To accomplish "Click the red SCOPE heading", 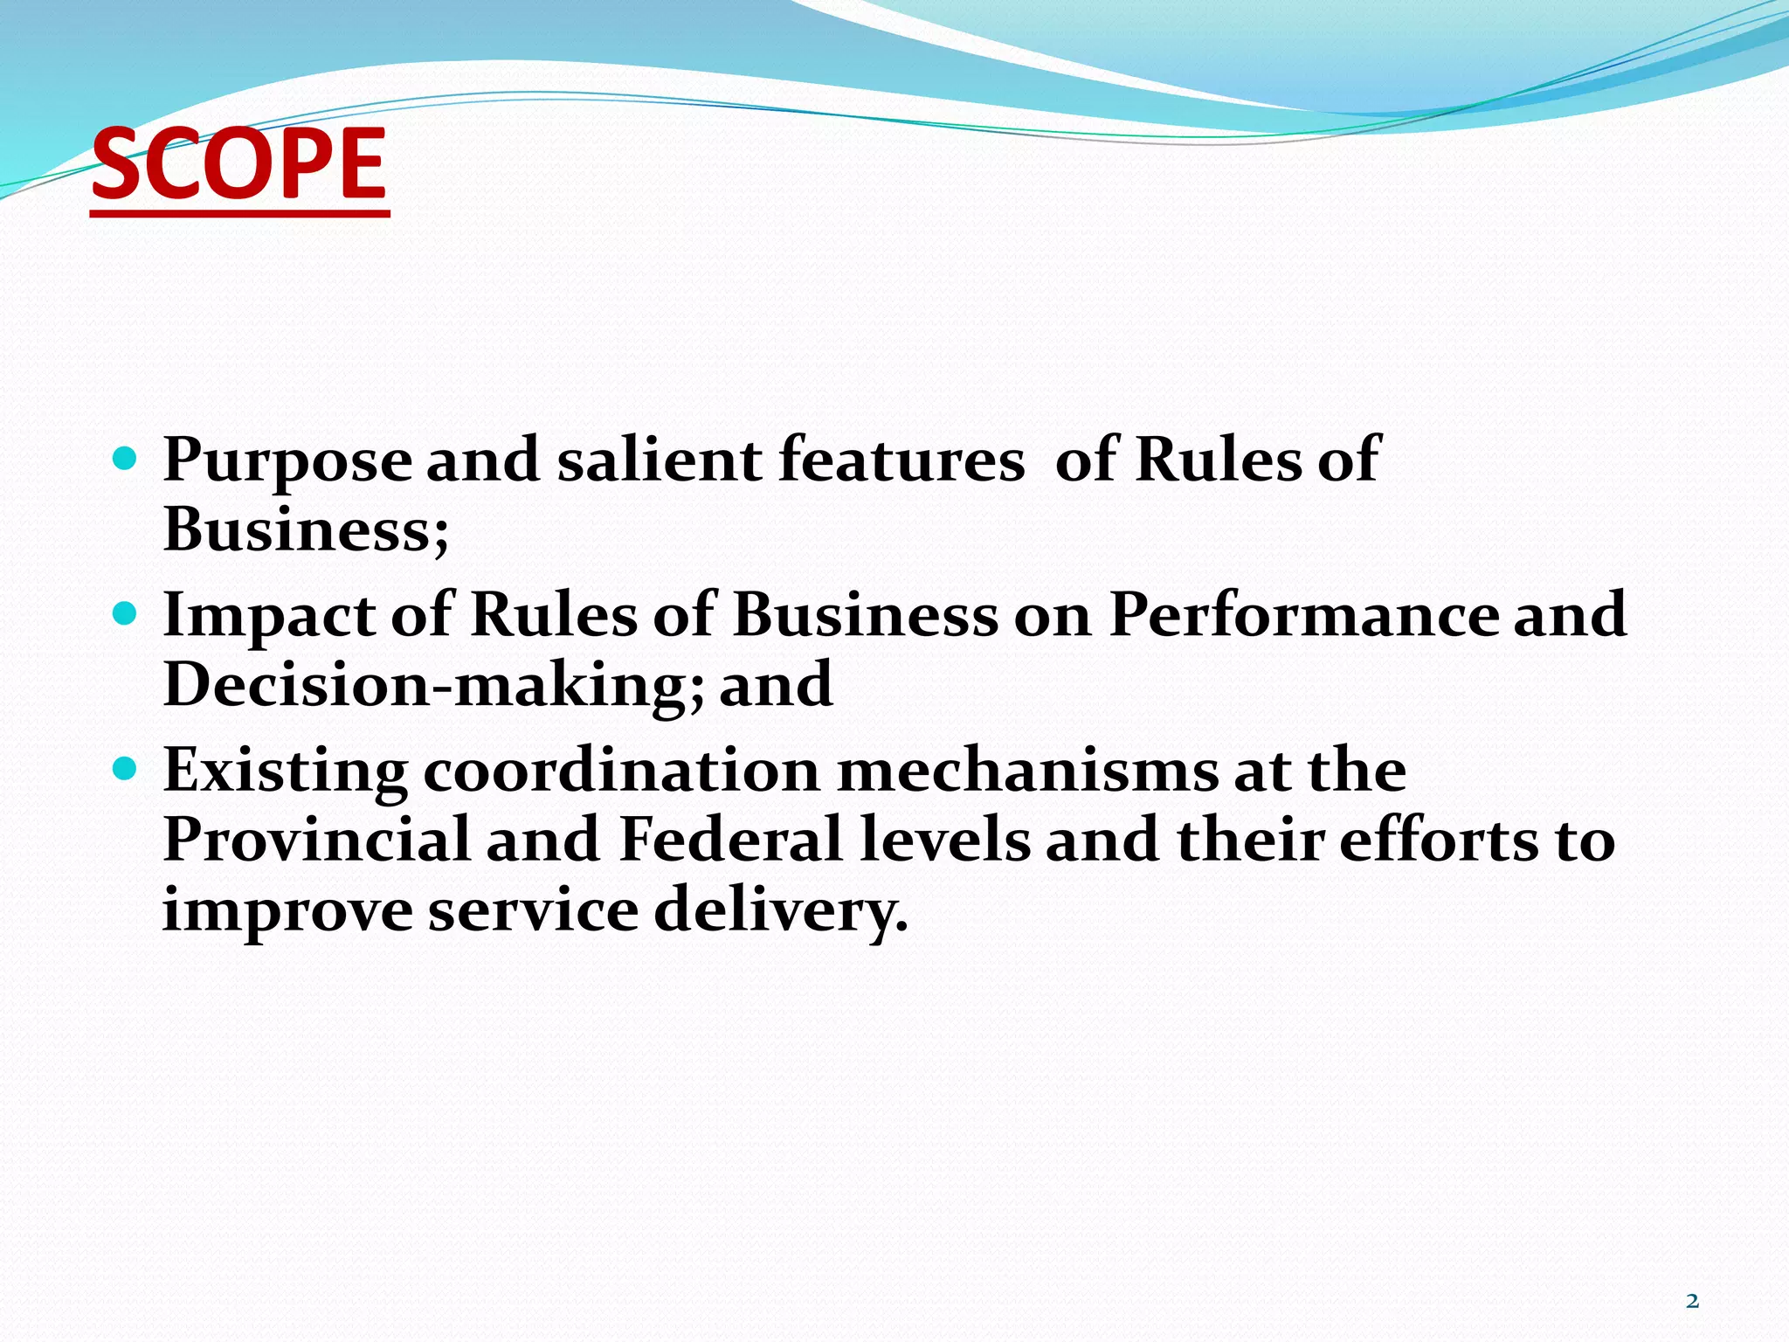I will tap(238, 163).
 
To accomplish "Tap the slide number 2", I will tap(1692, 1301).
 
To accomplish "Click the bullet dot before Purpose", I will tap(126, 457).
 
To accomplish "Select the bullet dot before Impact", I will tap(126, 613).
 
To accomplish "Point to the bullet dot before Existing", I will tap(126, 769).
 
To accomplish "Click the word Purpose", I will tap(287, 460).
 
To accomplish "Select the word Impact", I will tap(269, 615).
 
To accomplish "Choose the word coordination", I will tap(621, 771).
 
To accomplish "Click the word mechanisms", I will tap(1027, 771).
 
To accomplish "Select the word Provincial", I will tap(316, 840).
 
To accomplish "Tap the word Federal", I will tap(730, 840).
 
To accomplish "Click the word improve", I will tap(287, 910).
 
